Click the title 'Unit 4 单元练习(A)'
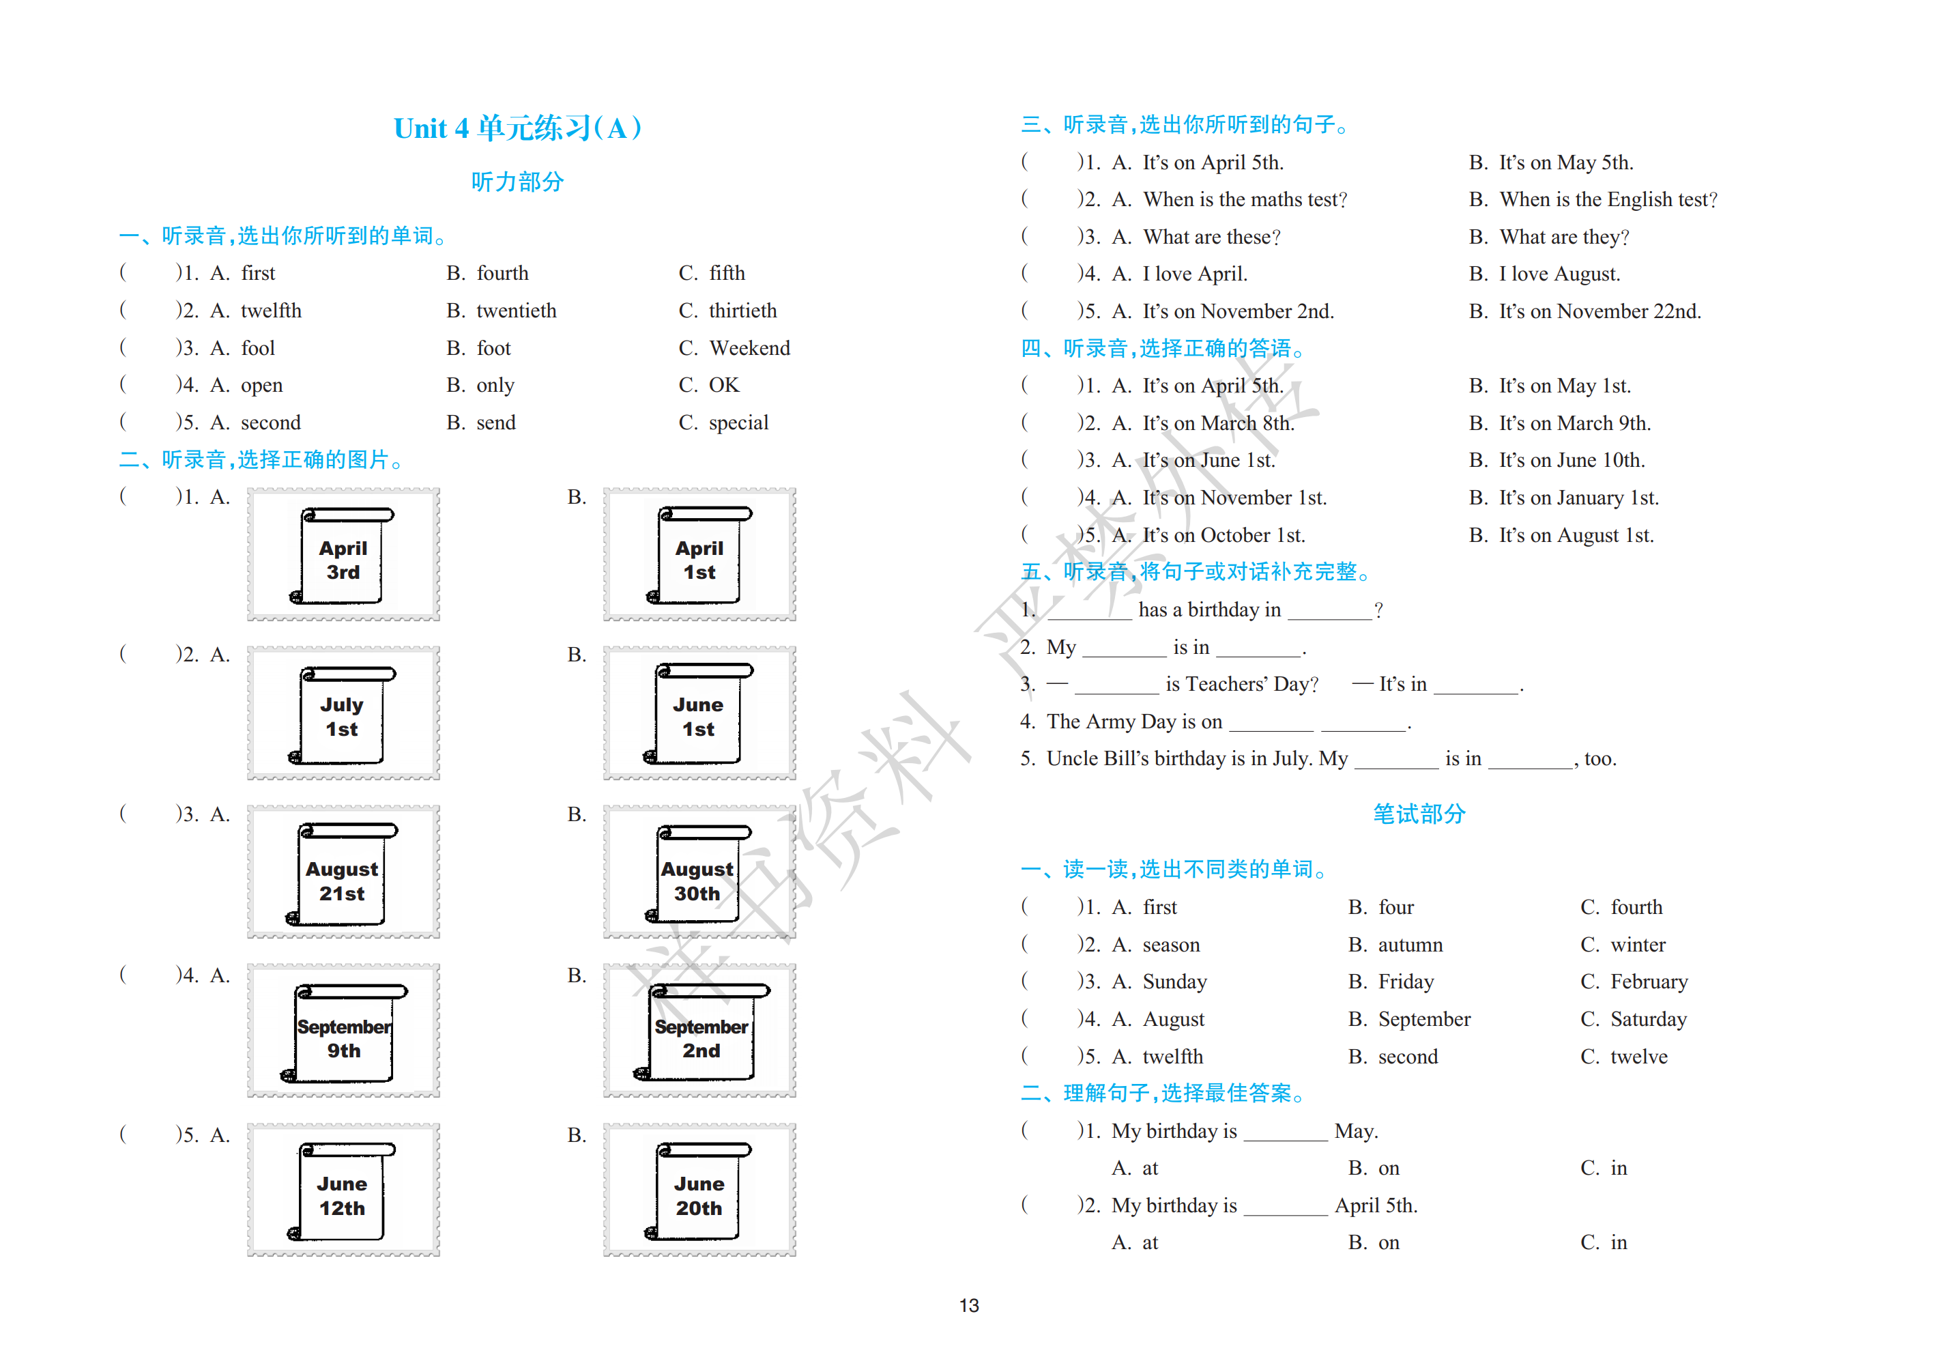point(517,128)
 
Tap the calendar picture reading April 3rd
point(343,554)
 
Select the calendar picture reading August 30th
point(699,872)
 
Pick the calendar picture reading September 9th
point(343,1031)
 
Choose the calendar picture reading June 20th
point(699,1189)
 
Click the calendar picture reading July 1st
point(343,713)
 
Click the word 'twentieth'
point(517,311)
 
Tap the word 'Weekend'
point(749,347)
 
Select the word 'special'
point(738,423)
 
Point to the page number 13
point(969,1305)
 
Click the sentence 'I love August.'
point(1560,274)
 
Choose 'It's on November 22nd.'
point(1600,311)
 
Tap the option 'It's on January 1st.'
point(1579,498)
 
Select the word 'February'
point(1649,982)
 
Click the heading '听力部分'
point(517,181)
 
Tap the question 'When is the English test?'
point(1609,199)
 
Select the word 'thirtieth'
point(742,311)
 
